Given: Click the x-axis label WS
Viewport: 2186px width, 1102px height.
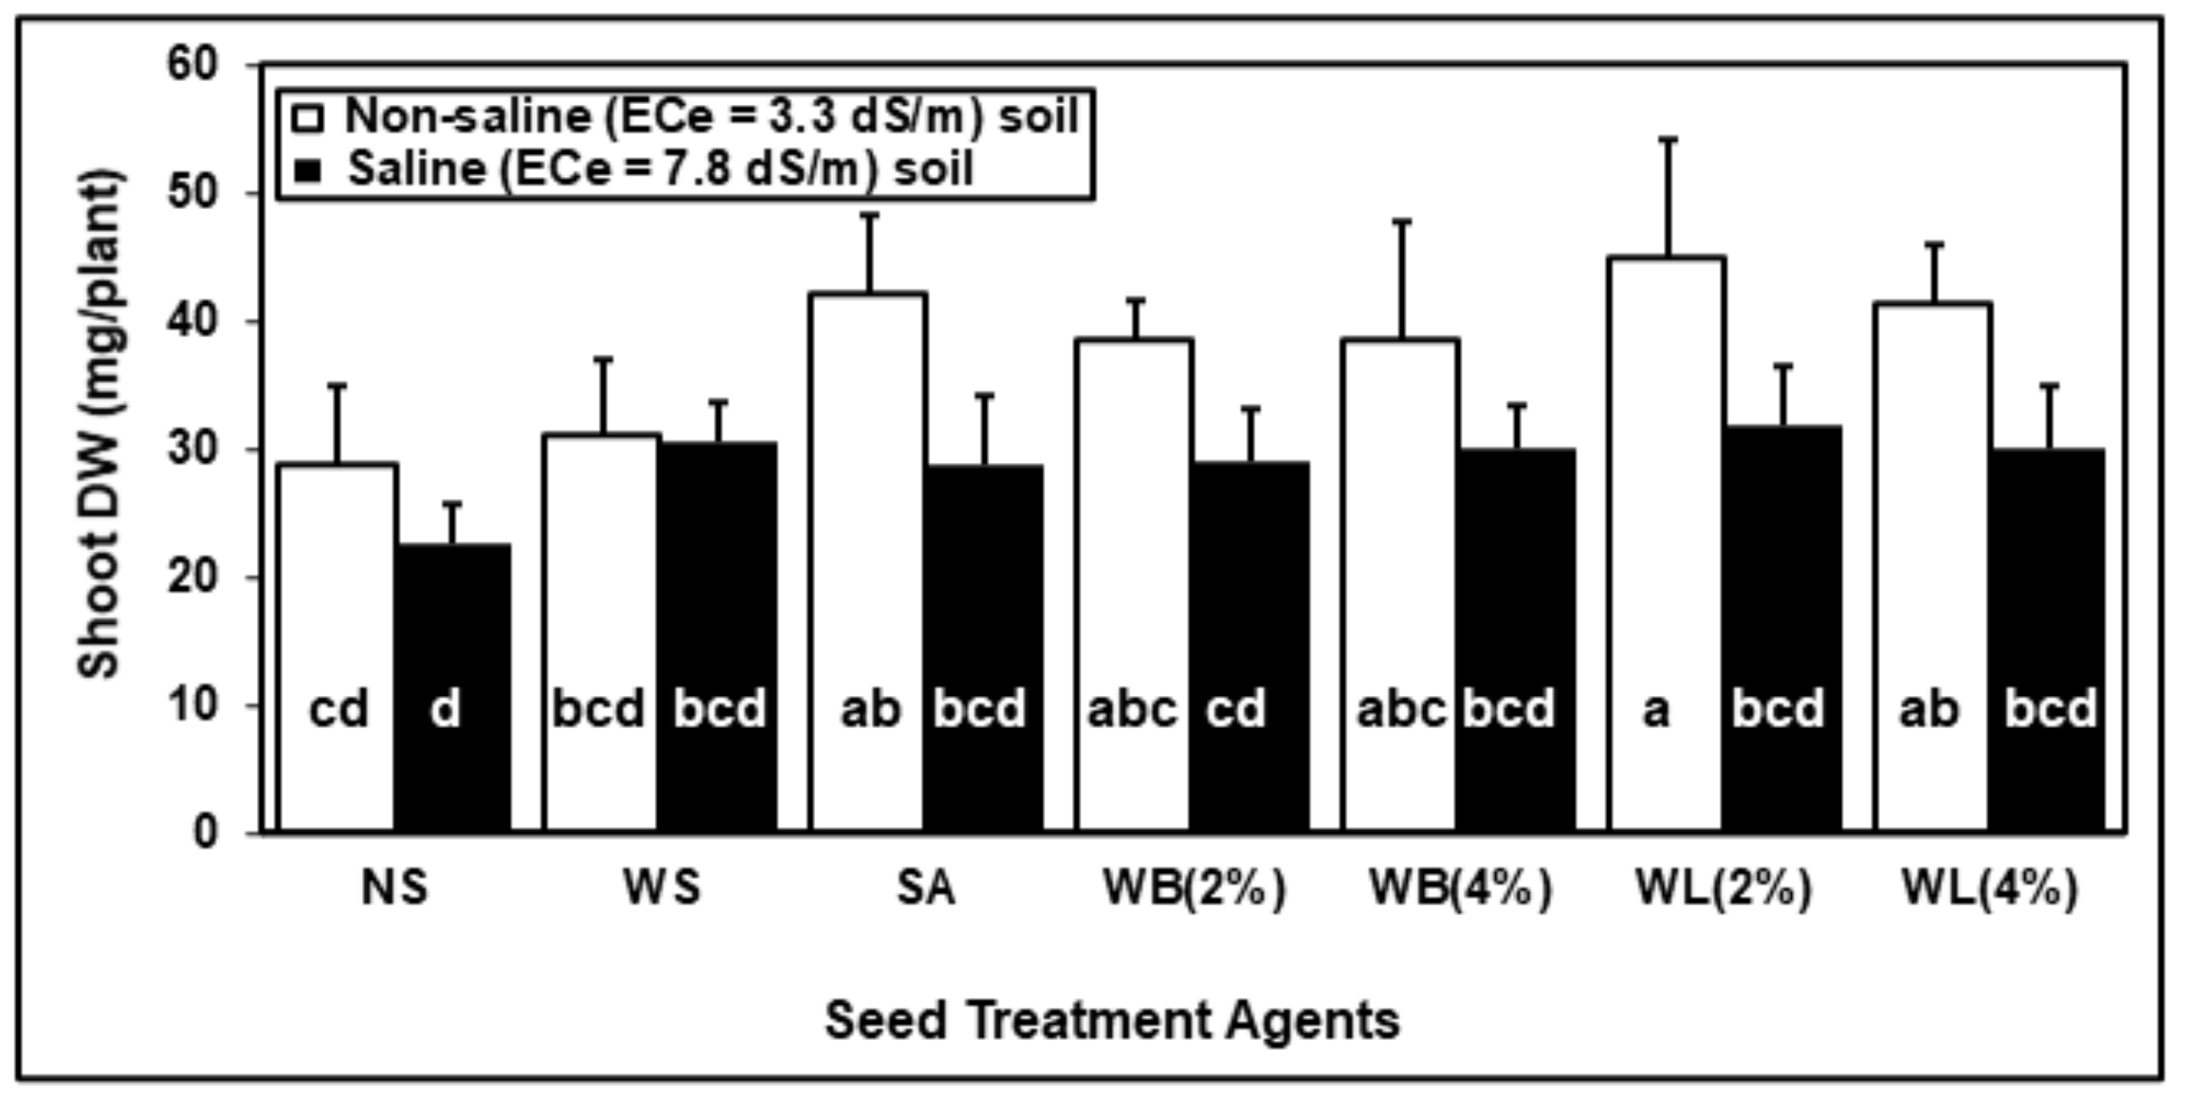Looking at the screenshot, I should pos(662,888).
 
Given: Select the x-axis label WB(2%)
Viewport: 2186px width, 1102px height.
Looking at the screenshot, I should pos(1194,888).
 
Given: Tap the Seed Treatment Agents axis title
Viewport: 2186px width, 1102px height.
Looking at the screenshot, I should pos(1112,1020).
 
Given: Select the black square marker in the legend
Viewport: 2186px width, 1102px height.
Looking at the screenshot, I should pos(307,170).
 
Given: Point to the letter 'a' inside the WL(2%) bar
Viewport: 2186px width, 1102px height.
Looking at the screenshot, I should pos(1655,710).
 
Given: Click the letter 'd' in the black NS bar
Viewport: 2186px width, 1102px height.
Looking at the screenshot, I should pos(445,710).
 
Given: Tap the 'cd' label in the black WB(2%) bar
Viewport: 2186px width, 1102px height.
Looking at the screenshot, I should pos(1235,710).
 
